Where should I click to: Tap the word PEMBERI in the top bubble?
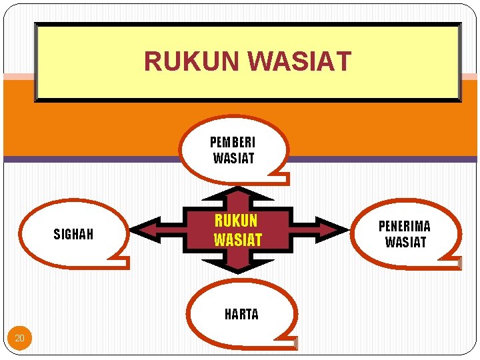pyautogui.click(x=233, y=143)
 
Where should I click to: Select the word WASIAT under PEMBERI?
pyautogui.click(x=233, y=159)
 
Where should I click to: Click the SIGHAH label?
pyautogui.click(x=73, y=234)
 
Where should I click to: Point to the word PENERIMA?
pyautogui.click(x=405, y=227)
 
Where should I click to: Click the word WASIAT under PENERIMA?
pyautogui.click(x=405, y=242)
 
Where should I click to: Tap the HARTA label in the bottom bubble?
pyautogui.click(x=241, y=315)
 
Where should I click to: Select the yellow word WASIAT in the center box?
pyautogui.click(x=238, y=239)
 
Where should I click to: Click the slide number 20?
pyautogui.click(x=19, y=339)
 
